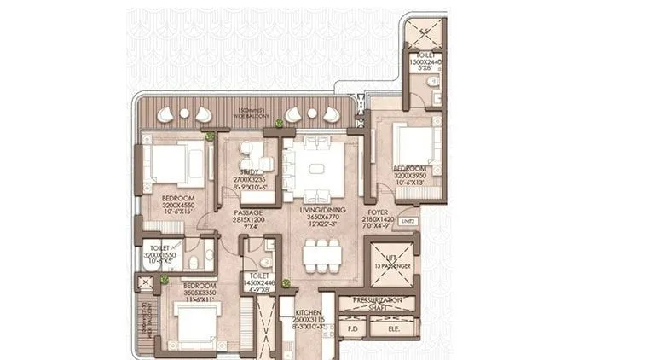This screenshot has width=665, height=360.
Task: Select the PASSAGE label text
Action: [x=250, y=212]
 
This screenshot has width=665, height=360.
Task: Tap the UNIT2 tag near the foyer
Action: [x=410, y=221]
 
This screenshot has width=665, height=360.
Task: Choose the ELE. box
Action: [x=392, y=327]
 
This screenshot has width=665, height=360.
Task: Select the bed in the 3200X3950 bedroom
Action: [x=411, y=148]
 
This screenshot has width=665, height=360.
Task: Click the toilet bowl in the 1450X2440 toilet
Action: [x=267, y=260]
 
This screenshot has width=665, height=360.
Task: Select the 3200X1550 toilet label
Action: [x=160, y=255]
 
